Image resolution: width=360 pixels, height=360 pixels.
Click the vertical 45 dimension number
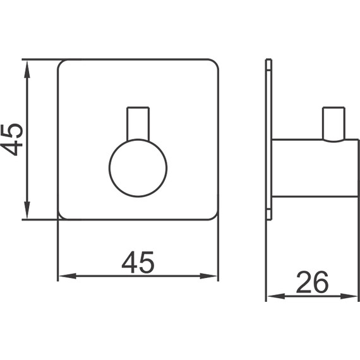point(11,140)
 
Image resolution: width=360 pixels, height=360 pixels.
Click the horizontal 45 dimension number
point(138,262)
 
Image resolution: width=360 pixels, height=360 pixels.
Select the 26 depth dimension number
point(312,282)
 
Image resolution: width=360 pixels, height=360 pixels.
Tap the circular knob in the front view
point(138,168)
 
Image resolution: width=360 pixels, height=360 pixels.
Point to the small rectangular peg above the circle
point(138,124)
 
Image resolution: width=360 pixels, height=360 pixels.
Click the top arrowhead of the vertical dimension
point(27,69)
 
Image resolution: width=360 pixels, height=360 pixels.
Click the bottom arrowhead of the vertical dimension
point(27,210)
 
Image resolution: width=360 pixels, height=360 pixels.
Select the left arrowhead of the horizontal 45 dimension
point(68,276)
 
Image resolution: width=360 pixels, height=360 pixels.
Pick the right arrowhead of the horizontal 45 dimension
point(208,276)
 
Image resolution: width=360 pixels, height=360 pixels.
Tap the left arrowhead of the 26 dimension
point(276,296)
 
